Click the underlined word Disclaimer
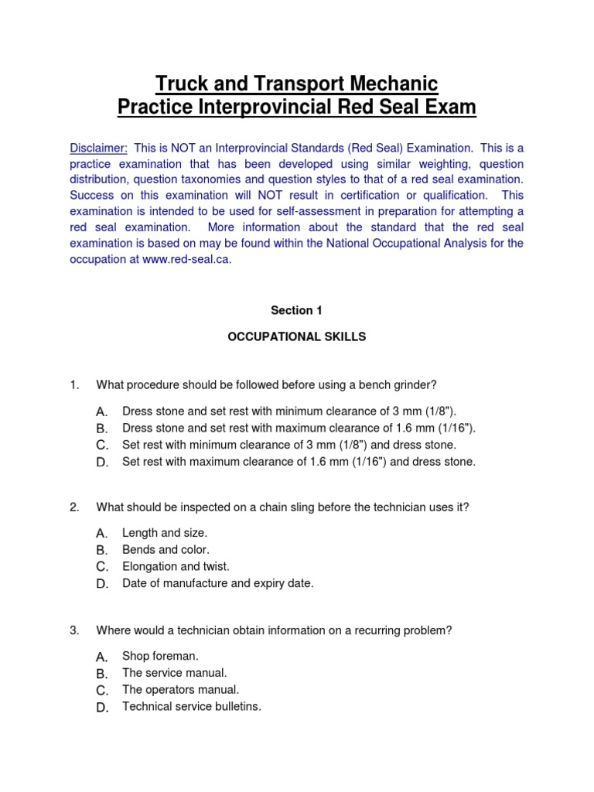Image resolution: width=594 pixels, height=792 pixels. coord(98,148)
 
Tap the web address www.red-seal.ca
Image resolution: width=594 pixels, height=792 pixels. coord(186,259)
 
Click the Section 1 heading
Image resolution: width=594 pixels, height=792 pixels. coord(296,310)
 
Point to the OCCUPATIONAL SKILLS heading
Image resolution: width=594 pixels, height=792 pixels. coord(296,337)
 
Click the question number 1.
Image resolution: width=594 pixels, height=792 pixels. coord(74,384)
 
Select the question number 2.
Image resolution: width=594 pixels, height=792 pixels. coord(74,507)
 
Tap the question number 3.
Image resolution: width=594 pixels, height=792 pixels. coord(74,630)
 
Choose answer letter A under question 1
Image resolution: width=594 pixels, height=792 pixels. coord(101,411)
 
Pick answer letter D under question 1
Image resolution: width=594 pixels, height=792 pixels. coord(101,463)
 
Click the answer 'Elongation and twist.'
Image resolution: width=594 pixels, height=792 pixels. coord(176,566)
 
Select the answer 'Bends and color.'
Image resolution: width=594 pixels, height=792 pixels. coord(166,550)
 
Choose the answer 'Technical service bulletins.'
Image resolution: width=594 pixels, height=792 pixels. coord(192,706)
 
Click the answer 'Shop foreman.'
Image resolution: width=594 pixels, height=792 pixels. coord(160,656)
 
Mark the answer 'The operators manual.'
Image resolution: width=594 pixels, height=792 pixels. coord(181,689)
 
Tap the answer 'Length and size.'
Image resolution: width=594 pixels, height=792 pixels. coord(165,533)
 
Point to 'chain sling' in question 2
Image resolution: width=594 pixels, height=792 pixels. coord(262,507)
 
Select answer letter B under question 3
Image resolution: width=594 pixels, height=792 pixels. coord(101,674)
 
